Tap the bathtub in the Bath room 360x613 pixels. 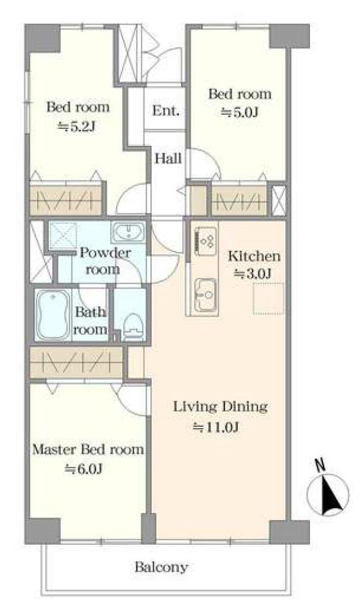coord(53,314)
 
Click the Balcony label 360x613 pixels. coord(161,567)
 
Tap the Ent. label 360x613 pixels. coord(166,111)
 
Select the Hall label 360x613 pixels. coord(168,158)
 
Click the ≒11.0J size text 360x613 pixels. coord(216,427)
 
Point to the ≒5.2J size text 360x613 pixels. coord(77,127)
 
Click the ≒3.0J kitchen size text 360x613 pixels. coord(253,274)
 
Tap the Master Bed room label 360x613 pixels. coord(88,450)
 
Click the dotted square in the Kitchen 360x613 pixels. coord(269,299)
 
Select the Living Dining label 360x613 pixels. coord(220,407)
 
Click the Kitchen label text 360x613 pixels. coord(254,257)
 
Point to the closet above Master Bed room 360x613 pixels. coord(77,362)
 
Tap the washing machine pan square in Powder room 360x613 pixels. coord(62,234)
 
